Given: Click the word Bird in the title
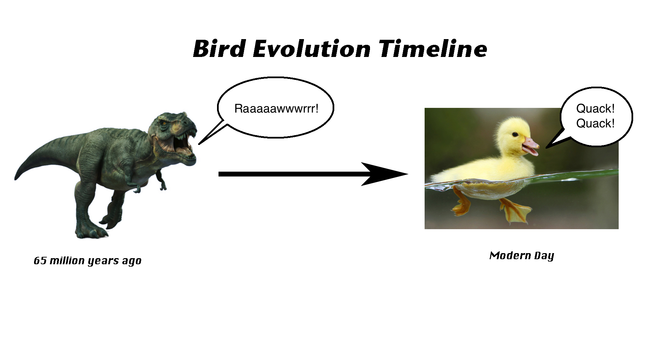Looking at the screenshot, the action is tap(219, 49).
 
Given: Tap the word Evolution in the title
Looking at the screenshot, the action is tap(311, 49).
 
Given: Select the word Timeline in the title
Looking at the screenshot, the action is tap(433, 49).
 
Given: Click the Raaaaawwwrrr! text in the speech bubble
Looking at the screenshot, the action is tap(276, 109).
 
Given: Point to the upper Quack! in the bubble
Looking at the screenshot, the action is tap(595, 109).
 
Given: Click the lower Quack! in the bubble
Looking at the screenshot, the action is tap(595, 123).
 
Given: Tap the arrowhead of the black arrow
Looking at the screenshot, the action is tap(384, 174).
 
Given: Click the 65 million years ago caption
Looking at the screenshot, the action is tap(88, 261).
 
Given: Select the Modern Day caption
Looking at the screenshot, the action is tap(522, 256).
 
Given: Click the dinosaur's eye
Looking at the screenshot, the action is tap(164, 124).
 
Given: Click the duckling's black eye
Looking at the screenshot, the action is tap(515, 134).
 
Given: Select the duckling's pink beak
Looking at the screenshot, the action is tap(531, 146).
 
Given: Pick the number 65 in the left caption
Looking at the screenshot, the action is tap(40, 261).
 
